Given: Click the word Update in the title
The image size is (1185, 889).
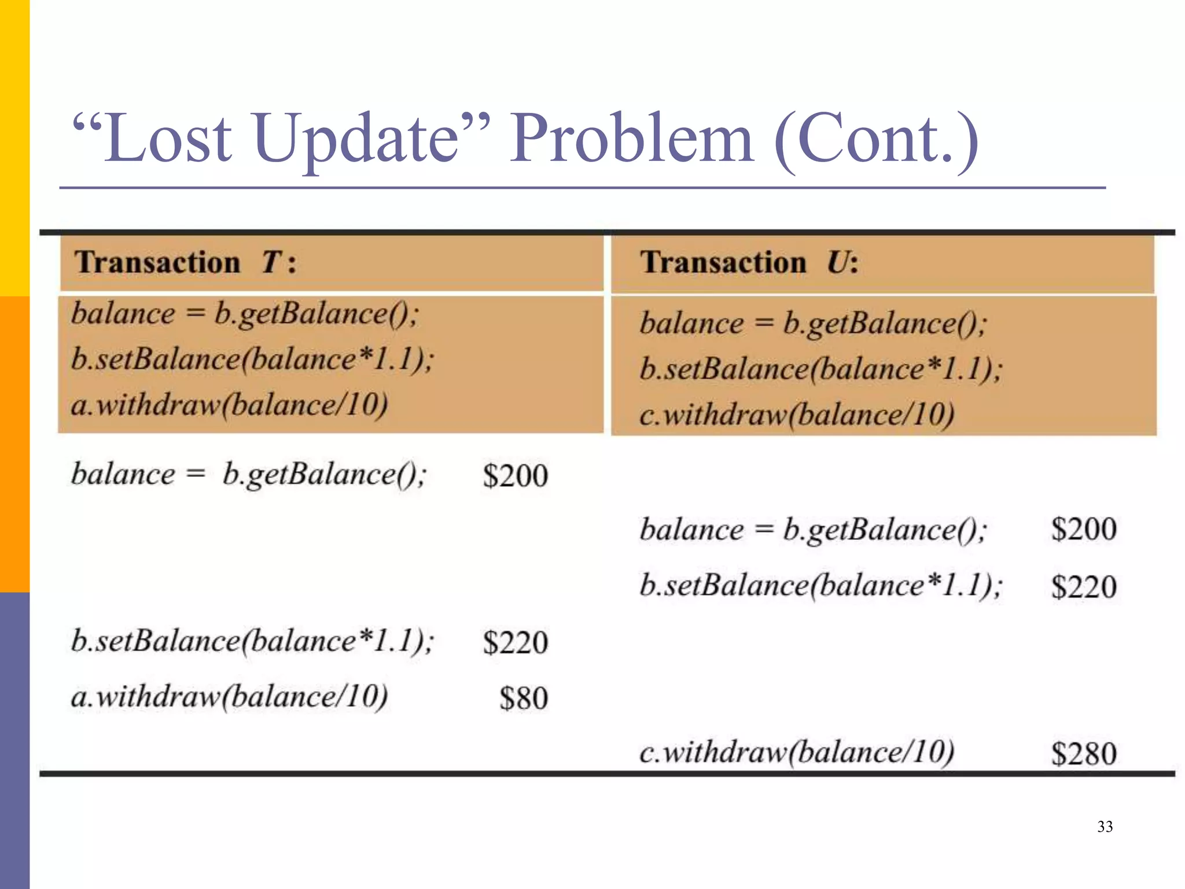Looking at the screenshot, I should point(356,139).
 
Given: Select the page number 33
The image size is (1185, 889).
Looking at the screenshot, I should point(1105,826).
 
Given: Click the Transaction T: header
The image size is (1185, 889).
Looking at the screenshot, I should point(185,262).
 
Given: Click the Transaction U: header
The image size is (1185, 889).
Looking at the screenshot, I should point(749,262).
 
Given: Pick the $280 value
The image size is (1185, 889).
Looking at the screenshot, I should point(1083,754).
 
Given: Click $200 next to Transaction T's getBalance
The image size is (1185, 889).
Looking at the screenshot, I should point(515,476).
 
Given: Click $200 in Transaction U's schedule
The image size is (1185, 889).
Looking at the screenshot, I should point(1083,529).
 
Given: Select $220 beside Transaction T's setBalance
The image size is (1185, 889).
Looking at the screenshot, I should point(515,642).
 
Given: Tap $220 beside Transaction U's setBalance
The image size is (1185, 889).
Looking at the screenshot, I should point(1083,587).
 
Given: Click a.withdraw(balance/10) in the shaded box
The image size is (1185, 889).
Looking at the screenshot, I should point(229,404).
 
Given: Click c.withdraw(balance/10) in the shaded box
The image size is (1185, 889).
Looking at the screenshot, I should point(796,414).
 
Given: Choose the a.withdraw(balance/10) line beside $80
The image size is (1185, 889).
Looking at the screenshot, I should point(229,696).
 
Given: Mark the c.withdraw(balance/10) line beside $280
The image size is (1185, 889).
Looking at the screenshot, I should point(796,752).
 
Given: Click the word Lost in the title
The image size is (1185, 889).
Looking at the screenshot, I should point(168,139).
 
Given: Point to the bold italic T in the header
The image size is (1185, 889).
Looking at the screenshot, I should point(271,262).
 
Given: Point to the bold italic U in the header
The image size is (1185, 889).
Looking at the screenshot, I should point(838,262).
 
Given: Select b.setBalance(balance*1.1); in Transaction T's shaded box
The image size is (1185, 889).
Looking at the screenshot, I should point(252,359).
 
